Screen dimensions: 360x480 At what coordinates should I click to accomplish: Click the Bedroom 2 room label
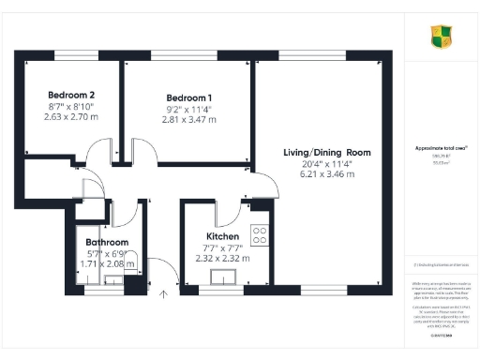point(71,96)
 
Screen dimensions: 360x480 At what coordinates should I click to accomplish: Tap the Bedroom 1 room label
point(189,98)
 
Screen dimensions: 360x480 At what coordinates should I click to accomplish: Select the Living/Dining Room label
point(327,152)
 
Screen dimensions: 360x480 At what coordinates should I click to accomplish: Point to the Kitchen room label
point(223,236)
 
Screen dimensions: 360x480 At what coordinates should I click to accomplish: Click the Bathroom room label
point(107,242)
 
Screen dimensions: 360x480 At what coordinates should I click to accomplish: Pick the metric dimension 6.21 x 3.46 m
point(327,174)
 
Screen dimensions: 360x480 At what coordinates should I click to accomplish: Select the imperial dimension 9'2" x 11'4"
point(189,110)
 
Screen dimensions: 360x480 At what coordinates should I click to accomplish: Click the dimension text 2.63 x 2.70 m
point(71,119)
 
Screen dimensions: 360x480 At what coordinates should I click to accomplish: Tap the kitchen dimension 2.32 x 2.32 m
point(223,258)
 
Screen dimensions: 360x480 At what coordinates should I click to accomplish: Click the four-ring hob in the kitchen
point(261,234)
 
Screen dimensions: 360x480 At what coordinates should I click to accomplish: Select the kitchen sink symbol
point(225,276)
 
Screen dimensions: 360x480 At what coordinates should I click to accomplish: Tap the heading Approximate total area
point(442,148)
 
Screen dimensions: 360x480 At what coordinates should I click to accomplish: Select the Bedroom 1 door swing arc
point(141,153)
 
